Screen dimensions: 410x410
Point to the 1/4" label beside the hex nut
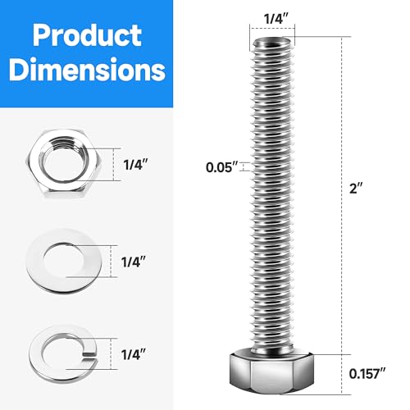134,165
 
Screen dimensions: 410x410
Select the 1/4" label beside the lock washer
134,355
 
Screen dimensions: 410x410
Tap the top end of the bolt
272,41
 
